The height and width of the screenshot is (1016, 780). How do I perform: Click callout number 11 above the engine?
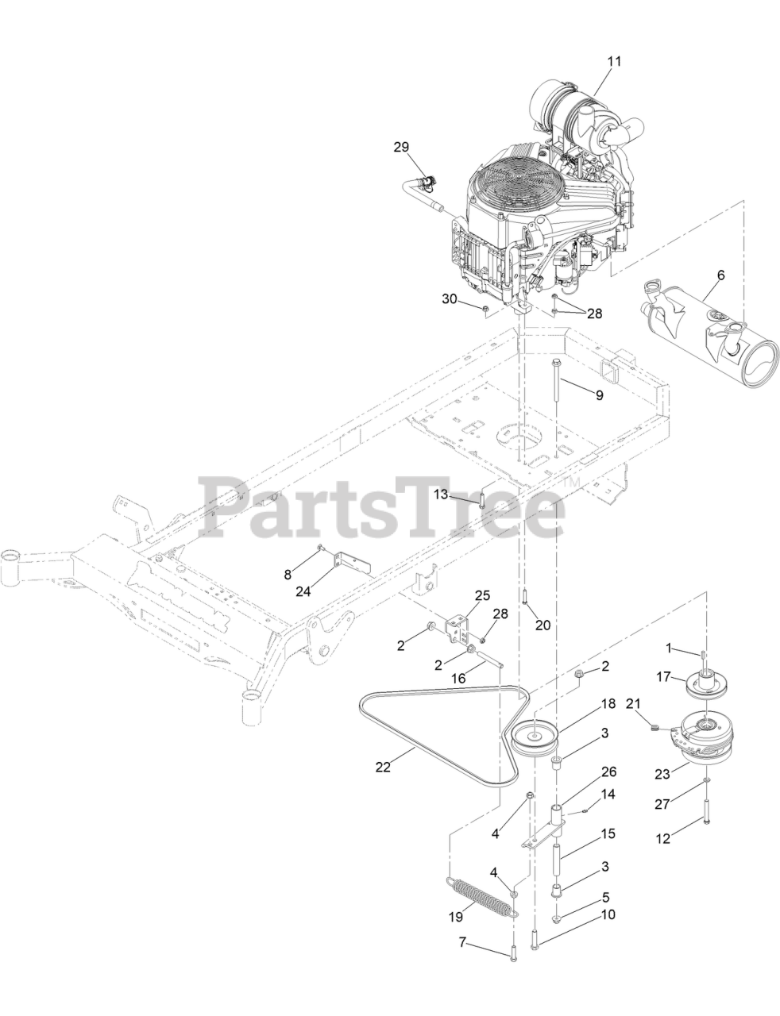tap(614, 60)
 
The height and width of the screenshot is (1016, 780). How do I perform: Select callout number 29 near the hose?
tap(401, 147)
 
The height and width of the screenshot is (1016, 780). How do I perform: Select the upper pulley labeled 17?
tap(705, 684)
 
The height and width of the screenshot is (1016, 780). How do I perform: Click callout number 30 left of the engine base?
tap(450, 298)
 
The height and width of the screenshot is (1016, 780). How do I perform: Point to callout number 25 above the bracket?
tap(482, 595)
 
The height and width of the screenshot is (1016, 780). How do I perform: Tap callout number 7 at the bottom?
tap(462, 944)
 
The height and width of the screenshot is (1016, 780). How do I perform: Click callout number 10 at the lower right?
tap(608, 914)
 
